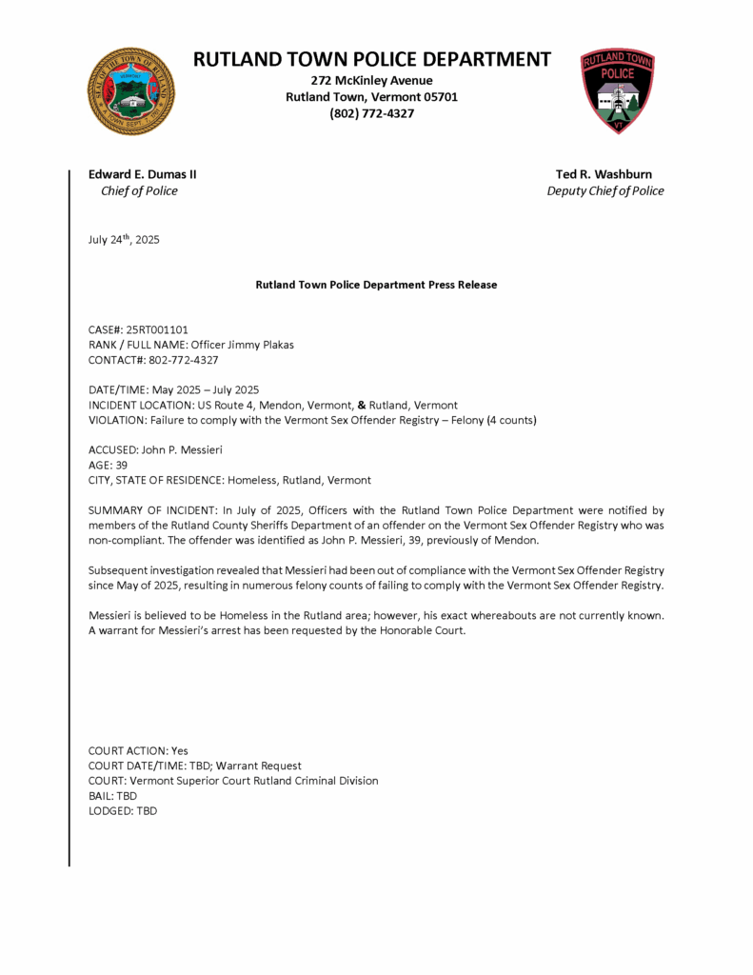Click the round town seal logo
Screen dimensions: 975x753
[x=130, y=91]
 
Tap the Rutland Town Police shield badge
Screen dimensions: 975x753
[x=618, y=91]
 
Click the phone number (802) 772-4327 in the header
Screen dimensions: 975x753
[x=371, y=113]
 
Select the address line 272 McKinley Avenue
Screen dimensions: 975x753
[x=371, y=80]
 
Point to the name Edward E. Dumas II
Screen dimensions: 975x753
[x=143, y=174]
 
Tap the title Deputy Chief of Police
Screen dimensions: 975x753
[x=604, y=190]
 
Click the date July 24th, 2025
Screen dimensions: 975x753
[x=124, y=240]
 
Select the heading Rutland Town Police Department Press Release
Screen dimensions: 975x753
[x=376, y=285]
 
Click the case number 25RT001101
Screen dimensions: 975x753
[x=157, y=329]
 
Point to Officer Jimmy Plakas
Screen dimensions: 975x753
[x=242, y=345]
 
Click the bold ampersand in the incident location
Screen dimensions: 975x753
[x=362, y=405]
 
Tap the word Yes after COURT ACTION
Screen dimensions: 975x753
[x=180, y=750]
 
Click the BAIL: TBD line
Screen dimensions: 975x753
[x=112, y=795]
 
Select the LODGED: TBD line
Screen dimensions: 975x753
[x=122, y=810]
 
